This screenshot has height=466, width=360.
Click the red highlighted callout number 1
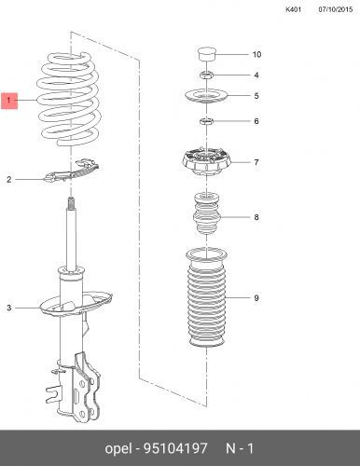tap(9, 100)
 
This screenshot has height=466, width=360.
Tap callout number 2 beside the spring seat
tap(9, 179)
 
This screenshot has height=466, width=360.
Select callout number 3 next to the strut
tap(9, 308)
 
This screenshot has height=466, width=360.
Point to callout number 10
tap(256, 55)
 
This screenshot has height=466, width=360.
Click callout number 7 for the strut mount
tap(256, 162)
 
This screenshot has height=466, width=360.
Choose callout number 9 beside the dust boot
tap(256, 298)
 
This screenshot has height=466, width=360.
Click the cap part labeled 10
tap(207, 55)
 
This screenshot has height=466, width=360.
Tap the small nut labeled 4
tap(206, 75)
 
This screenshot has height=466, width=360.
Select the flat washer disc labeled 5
tap(206, 96)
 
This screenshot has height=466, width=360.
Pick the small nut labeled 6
tap(206, 121)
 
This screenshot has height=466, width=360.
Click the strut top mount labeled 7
tap(206, 162)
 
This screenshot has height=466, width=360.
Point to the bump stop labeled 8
tap(207, 214)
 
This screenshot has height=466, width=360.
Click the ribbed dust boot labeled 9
tap(207, 298)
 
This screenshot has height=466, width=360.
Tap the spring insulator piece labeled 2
tap(73, 171)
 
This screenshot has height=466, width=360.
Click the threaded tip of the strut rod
tap(71, 203)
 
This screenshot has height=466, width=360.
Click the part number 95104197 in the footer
tap(175, 448)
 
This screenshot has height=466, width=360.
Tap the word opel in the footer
tap(118, 449)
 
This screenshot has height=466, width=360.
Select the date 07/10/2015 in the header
tap(336, 9)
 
